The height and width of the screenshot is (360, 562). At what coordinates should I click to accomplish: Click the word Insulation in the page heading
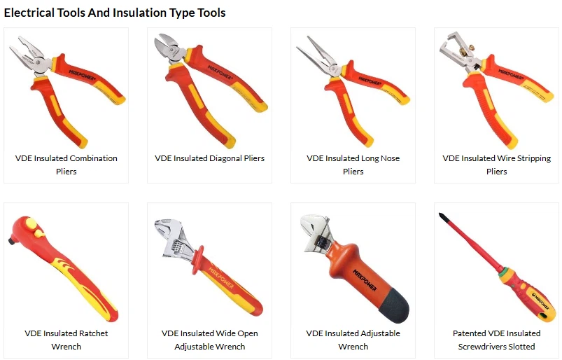(140, 13)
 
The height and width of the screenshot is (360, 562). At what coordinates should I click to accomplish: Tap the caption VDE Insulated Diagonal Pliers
(210, 158)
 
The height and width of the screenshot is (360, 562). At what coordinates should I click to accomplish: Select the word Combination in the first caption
(94, 158)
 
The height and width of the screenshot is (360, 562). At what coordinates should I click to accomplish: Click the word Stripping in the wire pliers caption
(534, 158)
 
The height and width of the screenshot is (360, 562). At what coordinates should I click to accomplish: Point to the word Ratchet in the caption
(93, 333)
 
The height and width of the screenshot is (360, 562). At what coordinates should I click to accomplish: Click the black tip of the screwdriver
(443, 216)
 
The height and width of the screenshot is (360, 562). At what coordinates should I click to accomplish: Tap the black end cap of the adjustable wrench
(394, 305)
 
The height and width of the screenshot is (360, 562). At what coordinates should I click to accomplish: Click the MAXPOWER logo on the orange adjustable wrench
(365, 279)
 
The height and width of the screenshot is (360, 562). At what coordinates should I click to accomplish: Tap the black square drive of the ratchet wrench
(11, 240)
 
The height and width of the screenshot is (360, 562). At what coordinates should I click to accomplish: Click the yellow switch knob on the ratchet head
(31, 223)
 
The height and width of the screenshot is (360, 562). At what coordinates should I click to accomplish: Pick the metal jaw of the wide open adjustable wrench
(174, 238)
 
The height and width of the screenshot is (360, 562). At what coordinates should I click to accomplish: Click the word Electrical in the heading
(29, 13)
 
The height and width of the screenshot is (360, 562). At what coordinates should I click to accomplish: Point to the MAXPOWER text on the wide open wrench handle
(220, 278)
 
